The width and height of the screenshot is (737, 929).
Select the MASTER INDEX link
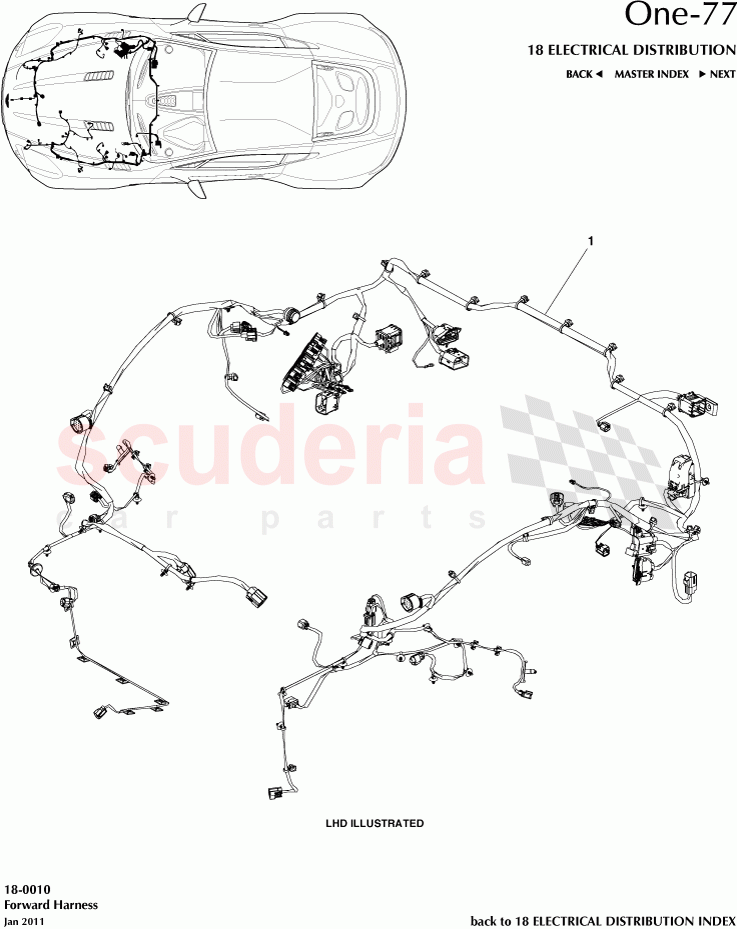[x=651, y=74]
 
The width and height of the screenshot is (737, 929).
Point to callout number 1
[x=592, y=241]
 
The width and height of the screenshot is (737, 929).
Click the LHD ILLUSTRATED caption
[x=375, y=824]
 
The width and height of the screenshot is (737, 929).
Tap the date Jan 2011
[x=24, y=920]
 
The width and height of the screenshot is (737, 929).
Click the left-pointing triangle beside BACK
[x=599, y=74]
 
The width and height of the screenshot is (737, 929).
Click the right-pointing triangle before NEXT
[x=702, y=74]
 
